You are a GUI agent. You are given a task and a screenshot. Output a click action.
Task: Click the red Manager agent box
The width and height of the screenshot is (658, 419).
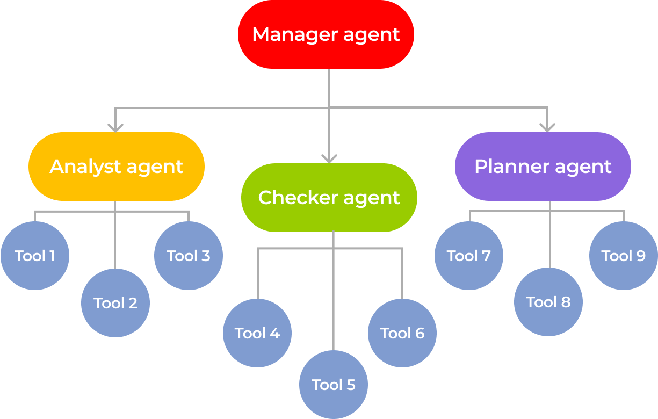(326, 34)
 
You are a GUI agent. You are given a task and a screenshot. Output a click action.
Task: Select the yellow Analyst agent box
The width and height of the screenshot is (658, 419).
(117, 167)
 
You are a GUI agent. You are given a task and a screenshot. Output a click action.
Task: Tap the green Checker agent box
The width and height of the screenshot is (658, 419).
(329, 198)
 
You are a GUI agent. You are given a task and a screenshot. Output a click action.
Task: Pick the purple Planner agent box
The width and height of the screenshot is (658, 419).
(543, 167)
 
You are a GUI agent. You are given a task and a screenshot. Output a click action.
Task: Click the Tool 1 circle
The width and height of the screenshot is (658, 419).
(35, 256)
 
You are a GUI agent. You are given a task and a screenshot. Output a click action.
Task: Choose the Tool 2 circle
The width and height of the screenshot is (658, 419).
(115, 303)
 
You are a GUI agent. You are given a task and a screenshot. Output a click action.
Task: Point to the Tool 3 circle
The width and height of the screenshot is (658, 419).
(189, 256)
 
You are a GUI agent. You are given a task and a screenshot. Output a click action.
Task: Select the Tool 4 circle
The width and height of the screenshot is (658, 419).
(257, 333)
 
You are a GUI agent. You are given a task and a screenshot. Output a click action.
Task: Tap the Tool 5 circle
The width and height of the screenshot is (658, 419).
(334, 385)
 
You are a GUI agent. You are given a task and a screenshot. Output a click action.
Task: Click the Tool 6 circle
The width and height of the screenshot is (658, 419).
(402, 333)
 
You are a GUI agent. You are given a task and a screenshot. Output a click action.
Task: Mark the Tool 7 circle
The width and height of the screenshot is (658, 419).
(469, 256)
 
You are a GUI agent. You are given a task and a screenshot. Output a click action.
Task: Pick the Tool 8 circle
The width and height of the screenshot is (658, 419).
(548, 302)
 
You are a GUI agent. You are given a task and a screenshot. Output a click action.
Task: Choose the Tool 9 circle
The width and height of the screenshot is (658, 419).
(624, 256)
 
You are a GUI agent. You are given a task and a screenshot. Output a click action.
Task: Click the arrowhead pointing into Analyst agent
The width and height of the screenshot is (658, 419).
(115, 128)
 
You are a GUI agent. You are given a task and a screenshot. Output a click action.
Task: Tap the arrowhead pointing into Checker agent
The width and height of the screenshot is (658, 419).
(329, 158)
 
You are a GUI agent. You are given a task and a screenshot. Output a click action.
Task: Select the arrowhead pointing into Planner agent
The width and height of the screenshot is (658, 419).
(547, 128)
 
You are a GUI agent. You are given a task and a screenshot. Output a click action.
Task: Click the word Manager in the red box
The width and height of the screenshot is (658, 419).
(290, 34)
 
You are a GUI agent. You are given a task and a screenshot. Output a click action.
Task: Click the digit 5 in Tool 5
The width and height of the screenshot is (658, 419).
(351, 385)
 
